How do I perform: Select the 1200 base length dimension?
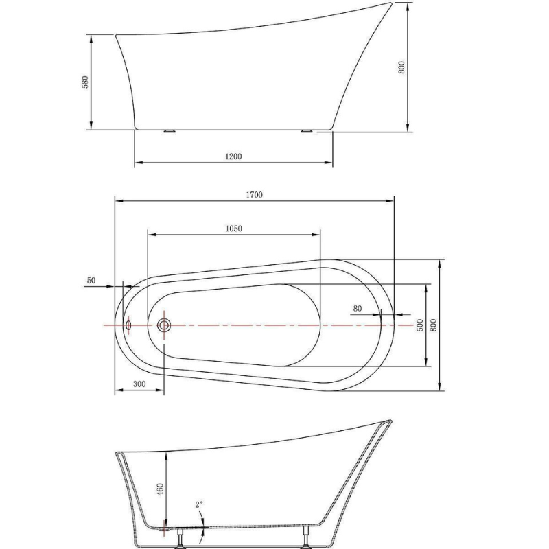tap(233, 156)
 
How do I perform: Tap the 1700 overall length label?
tap(254, 195)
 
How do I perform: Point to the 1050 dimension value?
tap(233, 229)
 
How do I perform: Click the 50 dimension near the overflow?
tap(91, 281)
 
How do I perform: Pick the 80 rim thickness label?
tap(358, 309)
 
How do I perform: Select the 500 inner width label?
tap(419, 325)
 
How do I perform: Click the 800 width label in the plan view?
tap(433, 325)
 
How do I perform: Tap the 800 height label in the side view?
tap(402, 67)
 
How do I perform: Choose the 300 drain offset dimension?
tap(139, 386)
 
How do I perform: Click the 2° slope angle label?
tap(199, 505)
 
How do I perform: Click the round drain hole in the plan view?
tap(164, 325)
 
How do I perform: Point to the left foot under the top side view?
tap(170, 130)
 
